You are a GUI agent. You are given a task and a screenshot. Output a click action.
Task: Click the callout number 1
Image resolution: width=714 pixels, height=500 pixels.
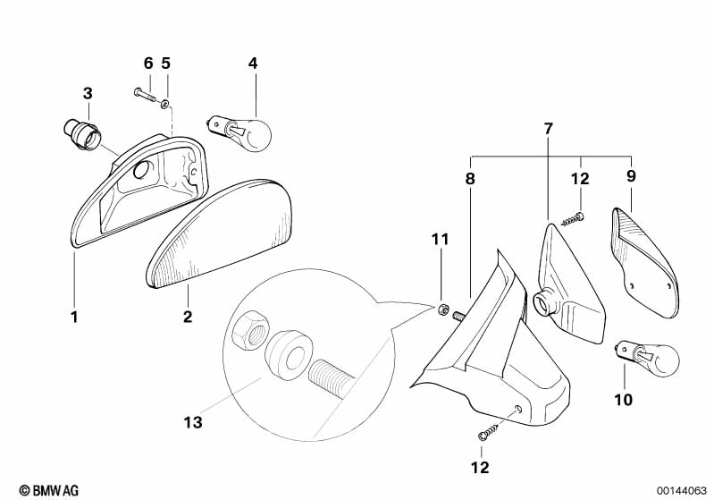point(75,317)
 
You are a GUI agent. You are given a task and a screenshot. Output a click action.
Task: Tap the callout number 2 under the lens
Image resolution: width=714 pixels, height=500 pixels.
point(188,317)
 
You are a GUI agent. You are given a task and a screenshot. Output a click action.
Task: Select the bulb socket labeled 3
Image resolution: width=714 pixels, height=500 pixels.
point(83,133)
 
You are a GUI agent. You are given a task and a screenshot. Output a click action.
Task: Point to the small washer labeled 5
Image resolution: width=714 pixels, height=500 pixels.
point(165,105)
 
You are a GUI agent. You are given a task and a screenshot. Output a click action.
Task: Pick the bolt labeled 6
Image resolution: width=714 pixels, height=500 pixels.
point(146,96)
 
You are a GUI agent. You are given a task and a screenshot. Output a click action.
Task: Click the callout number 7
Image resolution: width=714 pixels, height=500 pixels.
point(549,129)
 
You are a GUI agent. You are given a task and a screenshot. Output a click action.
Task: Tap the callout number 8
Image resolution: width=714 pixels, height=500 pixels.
point(470,178)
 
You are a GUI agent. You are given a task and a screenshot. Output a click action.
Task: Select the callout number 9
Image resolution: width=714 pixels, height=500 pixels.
point(631,175)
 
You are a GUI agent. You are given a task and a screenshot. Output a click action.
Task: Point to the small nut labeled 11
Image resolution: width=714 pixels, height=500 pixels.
point(441,310)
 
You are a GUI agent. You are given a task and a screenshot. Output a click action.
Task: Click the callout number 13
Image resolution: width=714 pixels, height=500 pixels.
point(193,422)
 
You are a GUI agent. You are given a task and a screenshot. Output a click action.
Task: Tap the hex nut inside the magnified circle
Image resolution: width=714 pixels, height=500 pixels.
point(249,330)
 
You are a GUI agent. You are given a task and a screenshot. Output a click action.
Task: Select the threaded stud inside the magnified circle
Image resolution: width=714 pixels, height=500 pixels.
point(329,377)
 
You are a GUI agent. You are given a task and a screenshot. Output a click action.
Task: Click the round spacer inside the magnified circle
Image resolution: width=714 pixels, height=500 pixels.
point(289,352)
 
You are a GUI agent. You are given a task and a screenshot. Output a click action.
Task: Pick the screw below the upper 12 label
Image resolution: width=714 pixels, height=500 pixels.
point(574,219)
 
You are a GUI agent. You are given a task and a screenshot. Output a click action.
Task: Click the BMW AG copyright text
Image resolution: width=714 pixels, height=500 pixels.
point(49,490)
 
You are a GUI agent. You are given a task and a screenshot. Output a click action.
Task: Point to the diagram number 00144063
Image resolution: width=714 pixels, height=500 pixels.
point(681,491)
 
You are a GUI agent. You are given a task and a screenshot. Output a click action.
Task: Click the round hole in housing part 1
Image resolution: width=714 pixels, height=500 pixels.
point(141,170)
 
